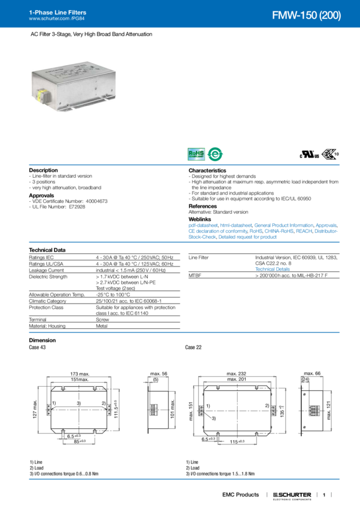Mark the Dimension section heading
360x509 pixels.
[43, 340]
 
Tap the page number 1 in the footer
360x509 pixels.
[323, 495]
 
